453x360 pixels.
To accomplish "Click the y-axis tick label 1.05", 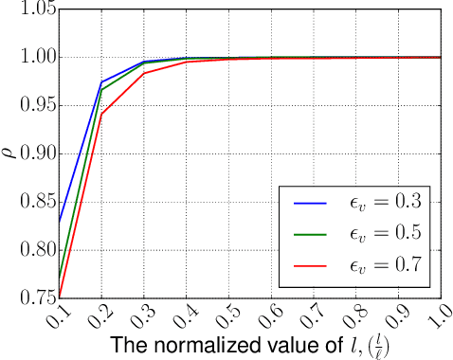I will pos(36,9).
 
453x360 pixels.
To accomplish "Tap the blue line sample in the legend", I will pos(310,202).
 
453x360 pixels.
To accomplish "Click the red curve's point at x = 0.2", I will pos(101,115).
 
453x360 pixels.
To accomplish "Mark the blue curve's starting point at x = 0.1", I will pos(59,222).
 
